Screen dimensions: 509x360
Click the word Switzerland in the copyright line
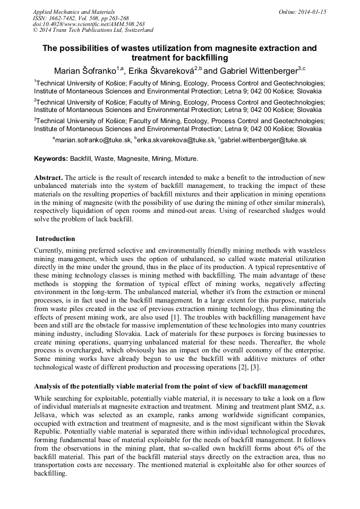click(134, 30)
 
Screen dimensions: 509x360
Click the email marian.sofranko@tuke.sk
click(93, 140)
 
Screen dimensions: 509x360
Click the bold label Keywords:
click(51, 159)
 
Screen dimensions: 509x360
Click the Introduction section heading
click(55, 239)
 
